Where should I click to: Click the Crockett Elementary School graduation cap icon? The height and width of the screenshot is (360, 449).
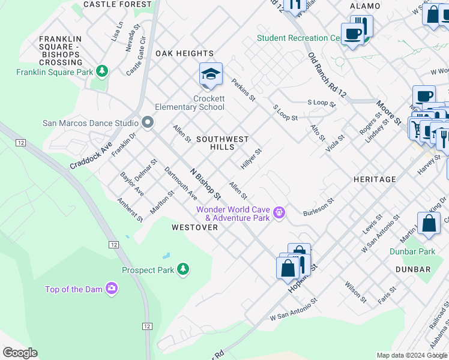point(211,74)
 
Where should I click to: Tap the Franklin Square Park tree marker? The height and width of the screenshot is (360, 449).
point(103,72)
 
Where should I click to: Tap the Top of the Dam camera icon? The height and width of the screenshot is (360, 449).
point(111,289)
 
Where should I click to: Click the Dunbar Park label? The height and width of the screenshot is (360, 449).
point(412,251)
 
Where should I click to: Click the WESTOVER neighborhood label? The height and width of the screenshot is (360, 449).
point(194,227)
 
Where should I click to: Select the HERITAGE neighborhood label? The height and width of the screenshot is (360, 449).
point(375,179)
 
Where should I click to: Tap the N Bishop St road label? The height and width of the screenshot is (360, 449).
point(206,184)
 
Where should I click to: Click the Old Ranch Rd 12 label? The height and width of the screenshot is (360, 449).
point(327,75)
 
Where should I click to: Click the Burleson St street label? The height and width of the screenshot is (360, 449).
point(318,206)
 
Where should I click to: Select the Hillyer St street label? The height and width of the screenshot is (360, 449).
point(252,160)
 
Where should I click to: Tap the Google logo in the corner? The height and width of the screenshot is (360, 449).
point(20,353)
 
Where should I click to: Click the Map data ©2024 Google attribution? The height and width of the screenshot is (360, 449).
point(412,355)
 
